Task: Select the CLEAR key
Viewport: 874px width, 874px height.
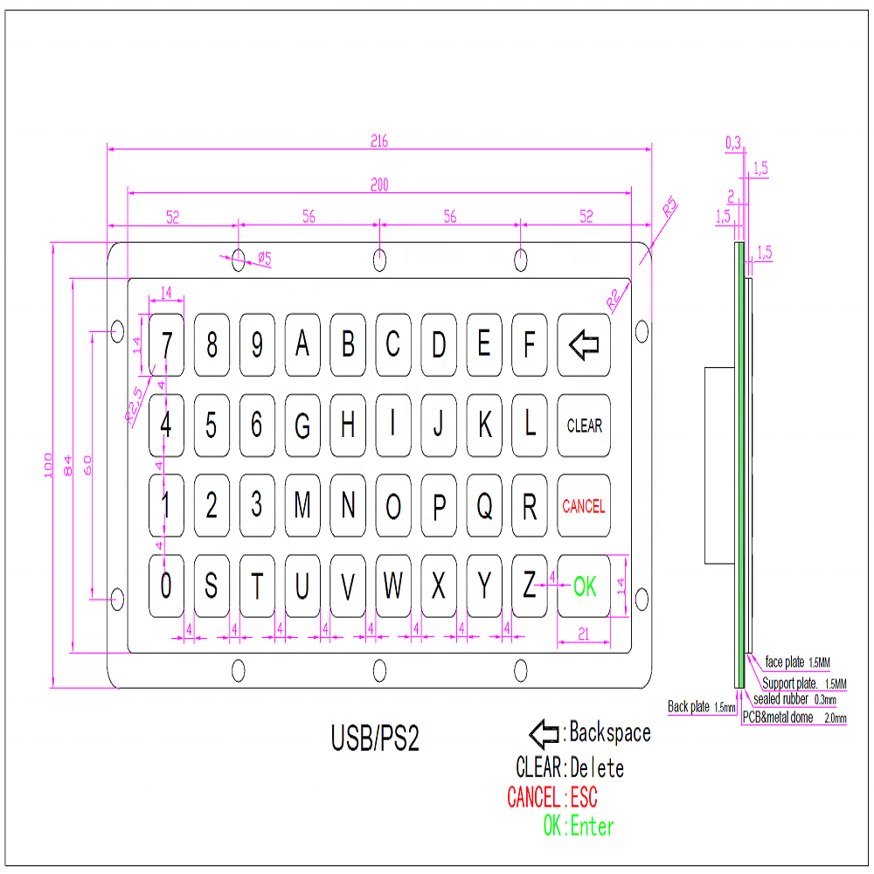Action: tap(584, 426)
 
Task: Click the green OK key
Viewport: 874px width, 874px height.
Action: tap(584, 586)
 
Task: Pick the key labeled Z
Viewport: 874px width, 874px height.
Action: tap(529, 586)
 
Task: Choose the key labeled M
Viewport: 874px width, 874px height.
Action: tap(302, 505)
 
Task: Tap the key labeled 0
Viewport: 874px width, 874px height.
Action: tap(166, 586)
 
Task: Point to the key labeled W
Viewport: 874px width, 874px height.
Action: tap(393, 586)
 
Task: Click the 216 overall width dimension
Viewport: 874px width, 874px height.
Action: tap(378, 141)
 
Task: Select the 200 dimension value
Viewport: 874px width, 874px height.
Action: tap(378, 184)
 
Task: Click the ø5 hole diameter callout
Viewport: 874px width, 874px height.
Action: tap(264, 258)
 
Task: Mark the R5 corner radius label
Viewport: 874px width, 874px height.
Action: tap(669, 208)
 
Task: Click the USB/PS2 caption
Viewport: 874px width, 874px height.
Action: tap(375, 739)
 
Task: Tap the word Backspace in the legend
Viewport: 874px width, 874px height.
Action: tap(610, 732)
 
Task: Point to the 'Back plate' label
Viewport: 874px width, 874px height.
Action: tap(690, 706)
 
